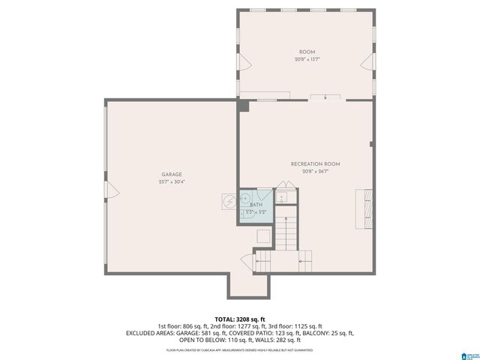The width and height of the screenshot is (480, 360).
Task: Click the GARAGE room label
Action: coord(172,174)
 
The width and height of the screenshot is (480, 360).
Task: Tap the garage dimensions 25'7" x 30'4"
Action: coord(172,181)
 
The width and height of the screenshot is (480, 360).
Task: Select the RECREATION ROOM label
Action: coord(316,163)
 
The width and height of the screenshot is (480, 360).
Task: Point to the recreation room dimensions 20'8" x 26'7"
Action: coord(316,171)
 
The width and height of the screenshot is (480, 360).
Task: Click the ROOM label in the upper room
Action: coord(306,52)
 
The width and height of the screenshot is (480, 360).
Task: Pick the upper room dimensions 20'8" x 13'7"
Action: coord(306,59)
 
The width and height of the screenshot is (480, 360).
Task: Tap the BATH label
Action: coord(256,205)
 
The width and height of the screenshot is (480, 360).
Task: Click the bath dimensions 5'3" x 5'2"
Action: coord(256,212)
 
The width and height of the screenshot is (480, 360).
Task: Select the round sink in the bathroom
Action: coord(244,199)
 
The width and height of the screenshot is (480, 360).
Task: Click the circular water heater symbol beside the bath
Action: coord(228,201)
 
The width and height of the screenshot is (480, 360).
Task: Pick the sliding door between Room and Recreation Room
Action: coord(325,97)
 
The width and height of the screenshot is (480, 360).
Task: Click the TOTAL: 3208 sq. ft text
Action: coord(239,318)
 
